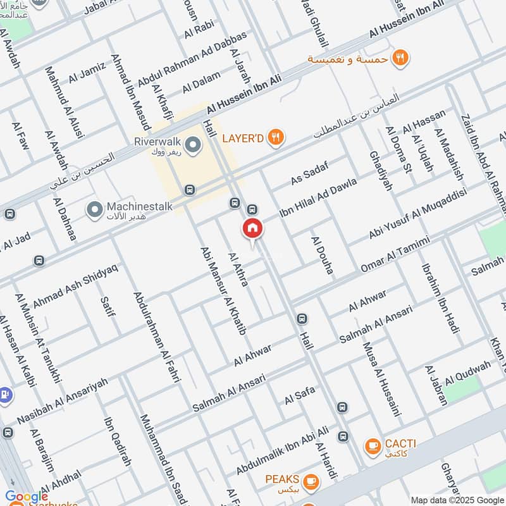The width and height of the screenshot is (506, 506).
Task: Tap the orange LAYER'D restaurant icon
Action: [275, 137]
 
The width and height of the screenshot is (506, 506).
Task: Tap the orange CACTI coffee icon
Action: [373, 447]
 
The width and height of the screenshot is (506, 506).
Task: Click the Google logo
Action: [27, 497]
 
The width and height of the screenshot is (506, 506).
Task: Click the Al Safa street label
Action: [299, 396]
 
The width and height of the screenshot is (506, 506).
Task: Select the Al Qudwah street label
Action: [467, 373]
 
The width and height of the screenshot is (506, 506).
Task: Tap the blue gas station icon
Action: [5, 394]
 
